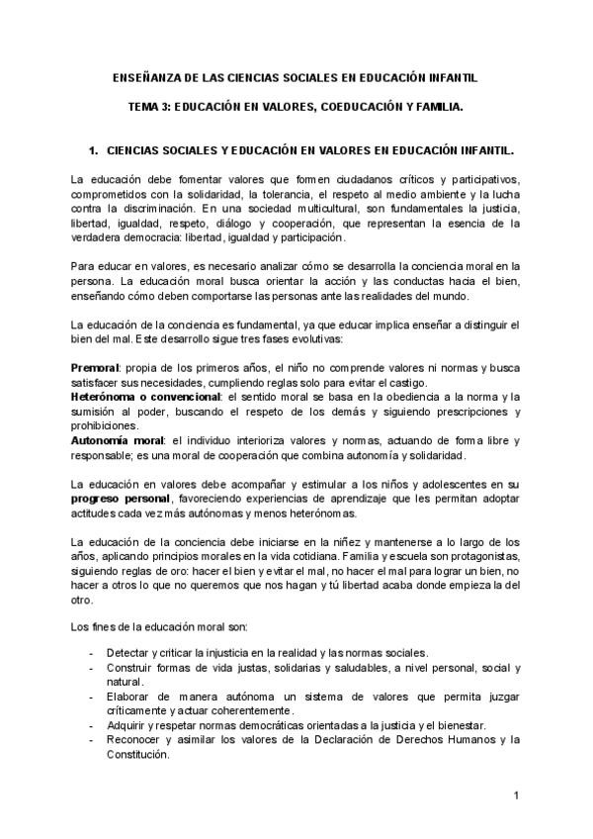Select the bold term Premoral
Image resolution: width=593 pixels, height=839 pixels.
[94, 367]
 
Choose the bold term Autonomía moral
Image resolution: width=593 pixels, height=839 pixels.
[113, 439]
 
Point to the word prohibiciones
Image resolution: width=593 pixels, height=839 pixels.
[110, 425]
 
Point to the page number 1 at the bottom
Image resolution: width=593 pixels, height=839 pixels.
[517, 795]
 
